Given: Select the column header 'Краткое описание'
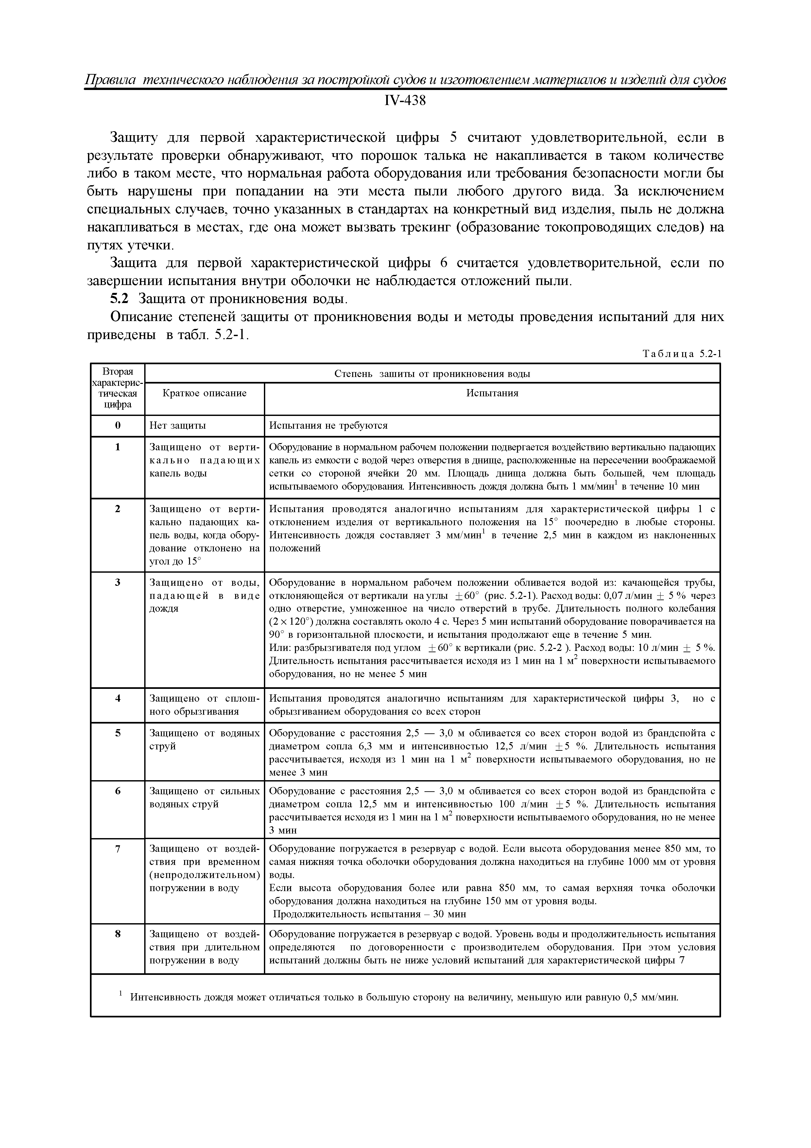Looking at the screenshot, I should [x=204, y=393].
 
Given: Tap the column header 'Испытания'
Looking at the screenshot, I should [x=492, y=393].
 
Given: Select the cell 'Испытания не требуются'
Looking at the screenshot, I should [x=328, y=425].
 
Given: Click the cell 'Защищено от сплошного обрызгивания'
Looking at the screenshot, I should [x=204, y=705].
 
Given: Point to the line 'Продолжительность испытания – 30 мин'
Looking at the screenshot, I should [x=369, y=914].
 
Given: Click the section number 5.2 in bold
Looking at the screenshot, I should [x=119, y=299].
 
